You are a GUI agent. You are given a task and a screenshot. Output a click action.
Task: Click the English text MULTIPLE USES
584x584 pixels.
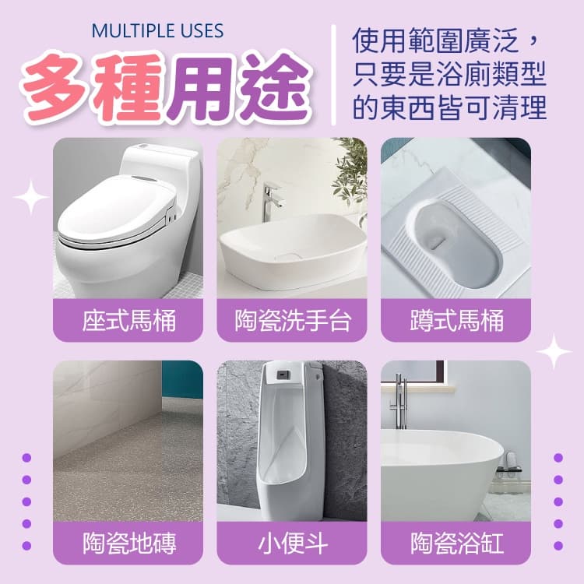(x=157, y=31)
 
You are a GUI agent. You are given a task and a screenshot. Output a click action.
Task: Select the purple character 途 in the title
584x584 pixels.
(x=274, y=86)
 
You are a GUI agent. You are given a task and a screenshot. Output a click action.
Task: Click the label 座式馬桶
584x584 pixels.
(x=128, y=321)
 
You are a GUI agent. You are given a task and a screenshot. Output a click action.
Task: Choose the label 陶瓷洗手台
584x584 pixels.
(x=292, y=321)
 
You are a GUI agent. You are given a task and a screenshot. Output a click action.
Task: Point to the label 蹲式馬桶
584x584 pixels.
(x=456, y=321)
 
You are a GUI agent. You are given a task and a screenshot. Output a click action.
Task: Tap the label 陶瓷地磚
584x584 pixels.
(x=128, y=543)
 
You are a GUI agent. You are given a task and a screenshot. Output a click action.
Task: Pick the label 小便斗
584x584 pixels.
(x=292, y=543)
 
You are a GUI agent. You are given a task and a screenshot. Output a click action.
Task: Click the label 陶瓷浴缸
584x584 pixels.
(x=456, y=543)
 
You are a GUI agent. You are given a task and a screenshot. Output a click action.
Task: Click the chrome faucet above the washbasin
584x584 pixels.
(x=271, y=201)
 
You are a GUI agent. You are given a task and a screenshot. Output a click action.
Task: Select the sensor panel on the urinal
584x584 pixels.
(x=283, y=373)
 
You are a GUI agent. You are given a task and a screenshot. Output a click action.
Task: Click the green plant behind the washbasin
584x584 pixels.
(x=350, y=167)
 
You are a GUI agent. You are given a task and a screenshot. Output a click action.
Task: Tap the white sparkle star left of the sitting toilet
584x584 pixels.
(x=31, y=198)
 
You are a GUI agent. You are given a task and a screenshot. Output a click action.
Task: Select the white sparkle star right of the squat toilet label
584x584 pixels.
(x=554, y=352)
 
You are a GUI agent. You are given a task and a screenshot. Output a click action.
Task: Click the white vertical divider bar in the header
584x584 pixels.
(x=333, y=75)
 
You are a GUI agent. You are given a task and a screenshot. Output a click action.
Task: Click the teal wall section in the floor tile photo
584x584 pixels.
(x=182, y=379)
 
